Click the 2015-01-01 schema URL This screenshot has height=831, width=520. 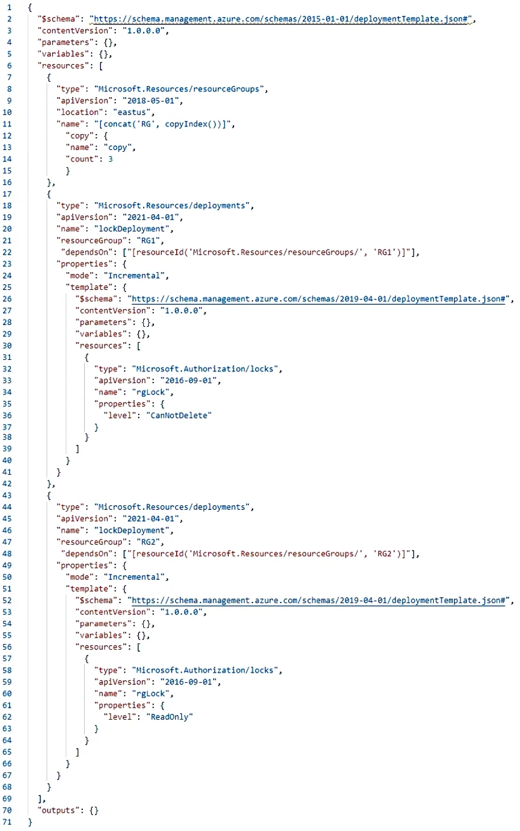click(x=280, y=19)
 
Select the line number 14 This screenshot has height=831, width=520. click(x=7, y=159)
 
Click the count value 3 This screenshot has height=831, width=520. click(x=110, y=159)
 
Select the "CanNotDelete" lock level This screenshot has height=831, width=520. click(x=179, y=415)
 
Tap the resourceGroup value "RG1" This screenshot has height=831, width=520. click(x=148, y=241)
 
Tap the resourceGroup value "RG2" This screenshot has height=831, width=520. click(x=148, y=542)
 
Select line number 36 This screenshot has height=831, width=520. click(x=7, y=415)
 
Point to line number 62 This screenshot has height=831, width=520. click(x=7, y=717)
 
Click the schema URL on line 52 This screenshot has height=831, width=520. click(x=318, y=600)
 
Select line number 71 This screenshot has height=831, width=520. click(x=7, y=822)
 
